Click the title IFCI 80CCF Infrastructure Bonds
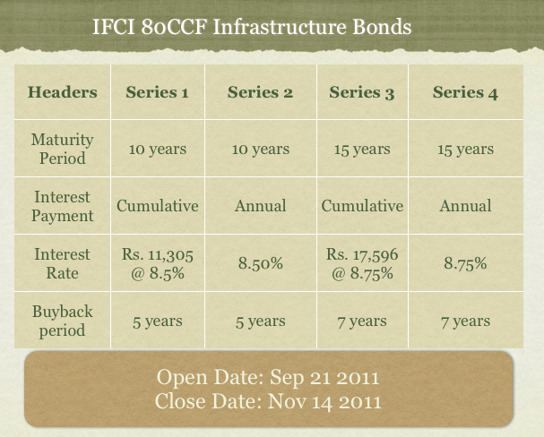point(252,27)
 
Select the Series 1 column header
point(157,92)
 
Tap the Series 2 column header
point(260,92)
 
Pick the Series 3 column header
point(362,92)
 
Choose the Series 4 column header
point(465,92)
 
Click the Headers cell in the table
point(63,92)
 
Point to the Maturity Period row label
point(63,149)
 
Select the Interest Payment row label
point(63,206)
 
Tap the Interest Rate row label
point(63,263)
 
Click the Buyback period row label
point(63,321)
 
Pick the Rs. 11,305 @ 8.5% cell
point(158,264)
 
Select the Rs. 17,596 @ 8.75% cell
point(362,264)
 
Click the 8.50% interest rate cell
point(261,263)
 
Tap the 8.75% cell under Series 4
point(466,263)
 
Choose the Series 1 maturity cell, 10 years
point(158,150)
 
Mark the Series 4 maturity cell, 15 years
point(466,150)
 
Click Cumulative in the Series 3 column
point(362,206)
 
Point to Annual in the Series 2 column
point(261,206)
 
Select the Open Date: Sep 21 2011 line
point(268,377)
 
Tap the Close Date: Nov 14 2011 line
point(268,402)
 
